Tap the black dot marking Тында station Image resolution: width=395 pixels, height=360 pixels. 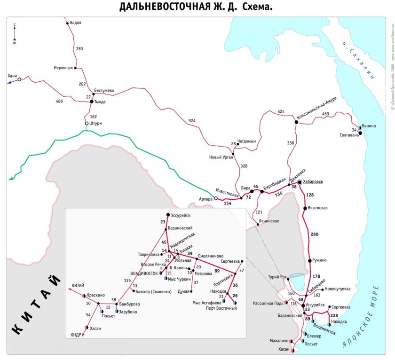click(92, 101)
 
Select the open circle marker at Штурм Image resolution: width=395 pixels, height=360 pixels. click(87, 124)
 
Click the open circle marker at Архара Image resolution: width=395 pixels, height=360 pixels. click(216, 198)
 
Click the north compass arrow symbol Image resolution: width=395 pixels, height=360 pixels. click(15, 33)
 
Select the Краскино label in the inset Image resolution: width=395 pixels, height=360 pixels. click(95, 295)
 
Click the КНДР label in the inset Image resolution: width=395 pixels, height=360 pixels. click(76, 335)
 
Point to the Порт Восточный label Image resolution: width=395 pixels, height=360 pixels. click(219, 309)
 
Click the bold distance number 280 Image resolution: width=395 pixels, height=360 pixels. click(314, 234)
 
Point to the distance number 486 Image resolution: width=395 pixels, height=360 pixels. click(59, 101)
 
